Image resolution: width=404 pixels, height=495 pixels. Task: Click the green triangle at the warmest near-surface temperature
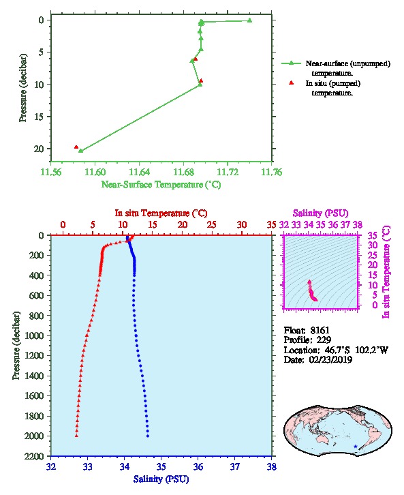pyautogui.click(x=249, y=20)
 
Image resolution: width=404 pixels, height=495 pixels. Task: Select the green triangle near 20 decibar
pyautogui.click(x=81, y=151)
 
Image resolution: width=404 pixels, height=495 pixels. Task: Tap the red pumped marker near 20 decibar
pyautogui.click(x=76, y=147)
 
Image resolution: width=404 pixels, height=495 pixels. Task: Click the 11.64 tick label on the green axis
pyautogui.click(x=139, y=172)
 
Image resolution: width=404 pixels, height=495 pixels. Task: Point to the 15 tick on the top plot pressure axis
pyautogui.click(x=38, y=117)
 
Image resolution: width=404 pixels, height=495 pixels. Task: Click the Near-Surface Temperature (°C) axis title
pyautogui.click(x=161, y=184)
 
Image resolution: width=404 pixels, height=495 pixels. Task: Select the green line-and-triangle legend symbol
pyautogui.click(x=291, y=63)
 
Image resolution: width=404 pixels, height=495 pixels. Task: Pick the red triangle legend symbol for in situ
pyautogui.click(x=291, y=83)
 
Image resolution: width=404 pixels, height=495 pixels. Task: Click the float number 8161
pyautogui.click(x=320, y=330)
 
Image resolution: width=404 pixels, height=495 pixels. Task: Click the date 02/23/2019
pyautogui.click(x=330, y=359)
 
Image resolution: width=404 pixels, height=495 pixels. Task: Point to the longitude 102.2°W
pyautogui.click(x=371, y=350)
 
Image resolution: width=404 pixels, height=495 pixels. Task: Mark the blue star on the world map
pyautogui.click(x=356, y=447)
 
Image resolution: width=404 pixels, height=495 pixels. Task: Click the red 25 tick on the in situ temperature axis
pyautogui.click(x=212, y=225)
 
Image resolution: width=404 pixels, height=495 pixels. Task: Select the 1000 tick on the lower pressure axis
pyautogui.click(x=34, y=335)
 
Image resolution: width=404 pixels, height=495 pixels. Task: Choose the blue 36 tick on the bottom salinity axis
pyautogui.click(x=198, y=466)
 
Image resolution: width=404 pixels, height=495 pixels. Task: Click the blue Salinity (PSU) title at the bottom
pyautogui.click(x=161, y=479)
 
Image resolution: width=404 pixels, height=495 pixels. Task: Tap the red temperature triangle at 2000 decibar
pyautogui.click(x=76, y=436)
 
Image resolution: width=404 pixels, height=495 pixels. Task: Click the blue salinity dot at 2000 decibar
pyautogui.click(x=148, y=436)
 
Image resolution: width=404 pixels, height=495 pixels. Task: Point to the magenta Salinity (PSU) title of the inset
pyautogui.click(x=320, y=213)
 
